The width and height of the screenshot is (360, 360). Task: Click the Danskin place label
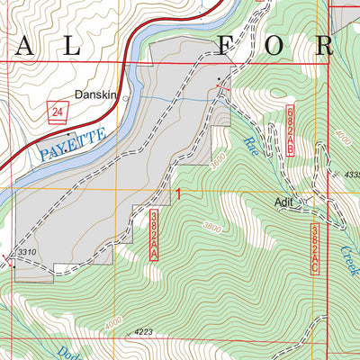point(100,92)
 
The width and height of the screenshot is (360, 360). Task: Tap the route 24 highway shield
point(58,111)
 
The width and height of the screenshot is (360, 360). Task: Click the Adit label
point(287,203)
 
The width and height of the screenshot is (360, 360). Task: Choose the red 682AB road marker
point(290,130)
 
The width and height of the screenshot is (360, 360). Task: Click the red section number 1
point(179,194)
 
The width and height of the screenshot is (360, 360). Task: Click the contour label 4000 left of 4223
point(113,320)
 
